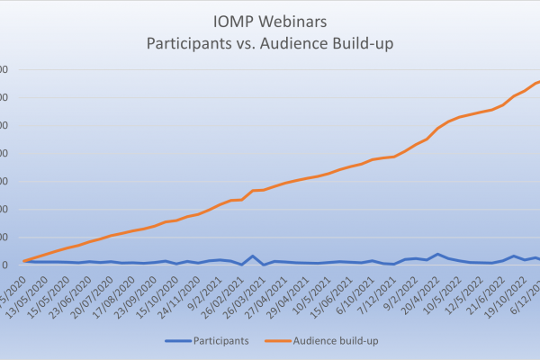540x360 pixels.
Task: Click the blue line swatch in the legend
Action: click(x=179, y=342)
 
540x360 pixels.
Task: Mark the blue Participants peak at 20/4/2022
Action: click(x=437, y=254)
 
